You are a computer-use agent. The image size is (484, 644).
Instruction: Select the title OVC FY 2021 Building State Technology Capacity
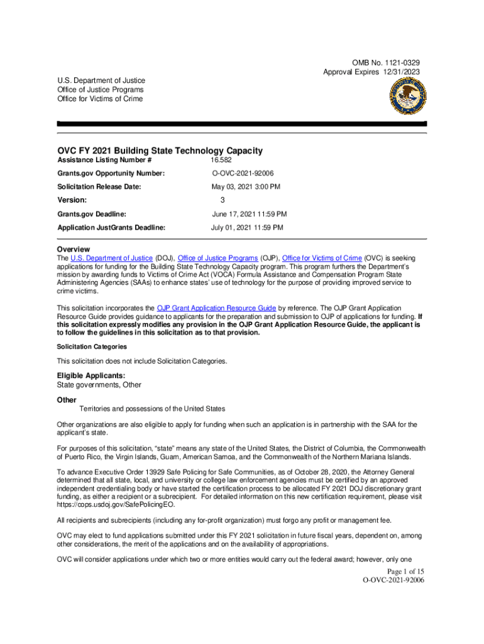[x=160, y=151]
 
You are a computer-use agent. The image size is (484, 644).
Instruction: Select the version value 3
[x=222, y=201]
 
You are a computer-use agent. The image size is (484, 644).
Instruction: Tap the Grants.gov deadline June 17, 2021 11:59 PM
[x=249, y=214]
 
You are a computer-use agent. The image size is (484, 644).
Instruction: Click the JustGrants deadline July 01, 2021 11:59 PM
[x=246, y=228]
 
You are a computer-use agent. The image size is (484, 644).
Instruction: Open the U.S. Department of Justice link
[x=111, y=258]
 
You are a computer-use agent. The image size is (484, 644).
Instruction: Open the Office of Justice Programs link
[x=217, y=258]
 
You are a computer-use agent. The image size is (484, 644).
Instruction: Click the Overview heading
[x=74, y=250]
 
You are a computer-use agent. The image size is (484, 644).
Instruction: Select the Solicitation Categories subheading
[x=92, y=347]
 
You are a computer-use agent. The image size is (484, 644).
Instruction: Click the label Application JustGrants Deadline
[x=111, y=228]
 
